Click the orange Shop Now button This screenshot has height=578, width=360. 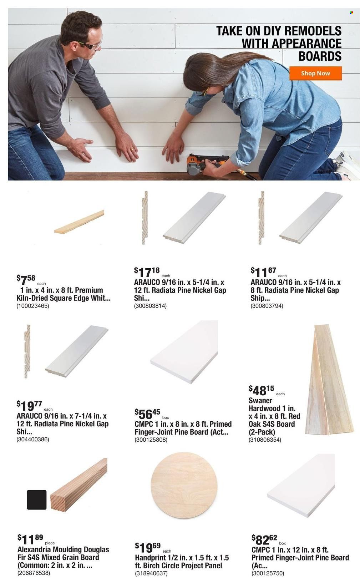tap(315, 73)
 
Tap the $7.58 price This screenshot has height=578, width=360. tap(26, 279)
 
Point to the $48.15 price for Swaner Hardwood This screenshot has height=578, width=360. tap(261, 390)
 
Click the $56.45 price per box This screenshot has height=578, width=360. tap(147, 414)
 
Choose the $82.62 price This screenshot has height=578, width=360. tap(264, 539)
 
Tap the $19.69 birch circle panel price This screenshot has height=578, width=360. tap(148, 547)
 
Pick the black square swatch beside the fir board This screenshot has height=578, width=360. tap(37, 500)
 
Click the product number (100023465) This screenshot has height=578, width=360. tap(33, 306)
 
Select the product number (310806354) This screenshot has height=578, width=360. tap(265, 440)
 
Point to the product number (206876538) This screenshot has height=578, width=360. tap(34, 573)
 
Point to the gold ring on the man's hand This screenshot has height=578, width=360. tap(133, 149)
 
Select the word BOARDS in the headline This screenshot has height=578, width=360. tap(320, 56)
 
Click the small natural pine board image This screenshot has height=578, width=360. tap(79, 222)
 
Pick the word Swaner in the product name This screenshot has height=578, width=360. tap(260, 400)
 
